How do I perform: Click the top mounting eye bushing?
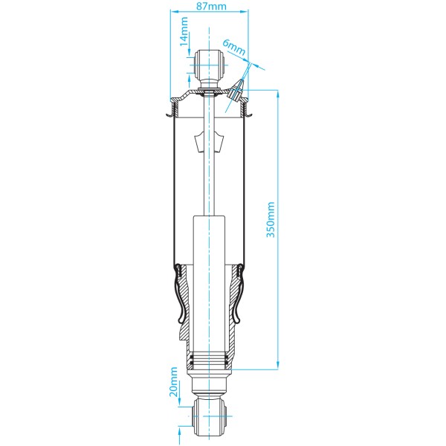[209, 67]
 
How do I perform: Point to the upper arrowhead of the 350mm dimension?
[278, 94]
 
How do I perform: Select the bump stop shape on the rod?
[209, 138]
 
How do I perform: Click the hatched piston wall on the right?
[234, 312]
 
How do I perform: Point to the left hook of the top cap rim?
[168, 112]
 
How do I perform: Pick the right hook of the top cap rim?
[251, 112]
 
